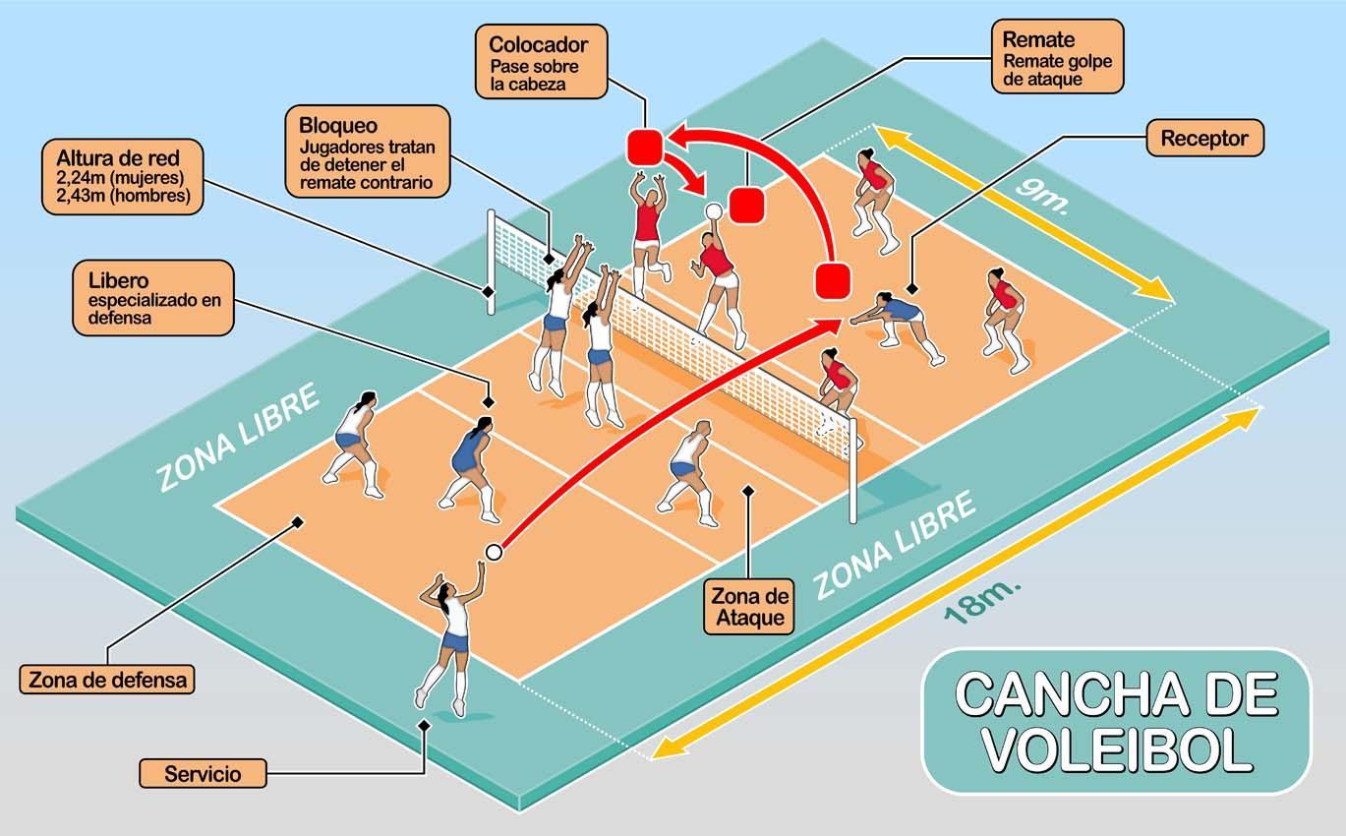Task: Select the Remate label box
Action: (1058, 57)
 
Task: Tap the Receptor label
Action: (1203, 139)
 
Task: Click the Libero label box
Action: (153, 296)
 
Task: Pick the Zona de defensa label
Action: (107, 679)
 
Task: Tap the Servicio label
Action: (203, 773)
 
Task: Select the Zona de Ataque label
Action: (749, 606)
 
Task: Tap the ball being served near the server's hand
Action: (494, 553)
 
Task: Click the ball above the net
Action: (713, 211)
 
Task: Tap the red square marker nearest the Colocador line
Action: (645, 147)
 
